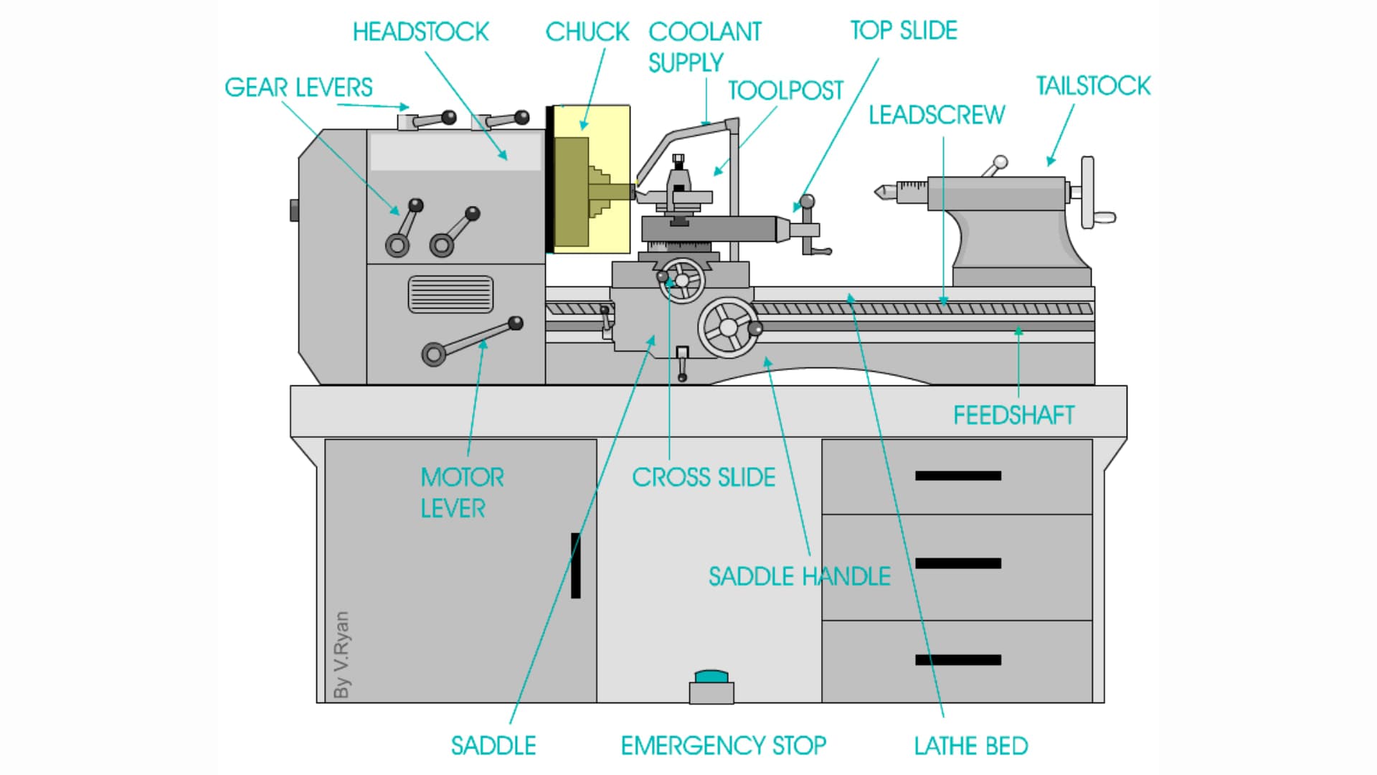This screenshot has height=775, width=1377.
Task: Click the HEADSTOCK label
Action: [420, 32]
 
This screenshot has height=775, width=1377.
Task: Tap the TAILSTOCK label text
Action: [1093, 86]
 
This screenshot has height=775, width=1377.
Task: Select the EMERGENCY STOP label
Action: [723, 746]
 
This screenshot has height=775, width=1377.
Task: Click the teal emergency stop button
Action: [711, 677]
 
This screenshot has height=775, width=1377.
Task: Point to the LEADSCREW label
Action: [937, 115]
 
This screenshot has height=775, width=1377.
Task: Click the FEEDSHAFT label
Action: [1013, 415]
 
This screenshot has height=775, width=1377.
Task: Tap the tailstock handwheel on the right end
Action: [1088, 192]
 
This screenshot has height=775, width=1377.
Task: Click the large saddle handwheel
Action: [728, 327]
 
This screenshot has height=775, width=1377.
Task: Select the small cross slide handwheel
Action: [682, 280]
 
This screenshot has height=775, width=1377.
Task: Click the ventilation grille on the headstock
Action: [450, 294]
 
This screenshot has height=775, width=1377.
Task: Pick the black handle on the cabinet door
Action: [575, 565]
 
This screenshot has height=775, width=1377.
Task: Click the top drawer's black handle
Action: [957, 476]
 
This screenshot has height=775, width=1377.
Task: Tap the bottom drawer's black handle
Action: [957, 660]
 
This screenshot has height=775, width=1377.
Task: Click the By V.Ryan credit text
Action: [342, 654]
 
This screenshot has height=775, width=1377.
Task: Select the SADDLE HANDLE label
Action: [799, 576]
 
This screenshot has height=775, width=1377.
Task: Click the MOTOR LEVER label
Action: [461, 493]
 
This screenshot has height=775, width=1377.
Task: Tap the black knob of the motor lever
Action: [516, 324]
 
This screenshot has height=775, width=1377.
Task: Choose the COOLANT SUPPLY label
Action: [704, 47]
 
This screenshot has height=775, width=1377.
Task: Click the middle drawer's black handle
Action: [957, 563]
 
